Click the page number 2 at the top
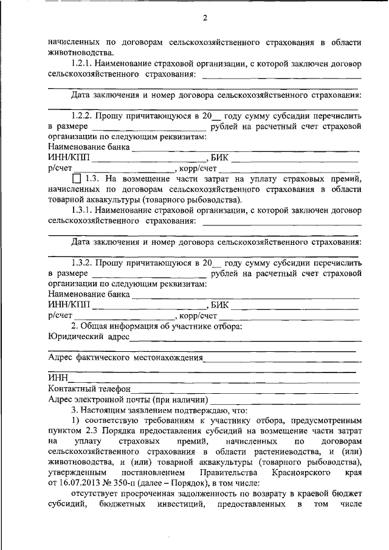pyautogui.click(x=205, y=18)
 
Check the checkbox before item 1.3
pyautogui.click(x=76, y=179)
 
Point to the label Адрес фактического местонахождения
pyautogui.click(x=126, y=357)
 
